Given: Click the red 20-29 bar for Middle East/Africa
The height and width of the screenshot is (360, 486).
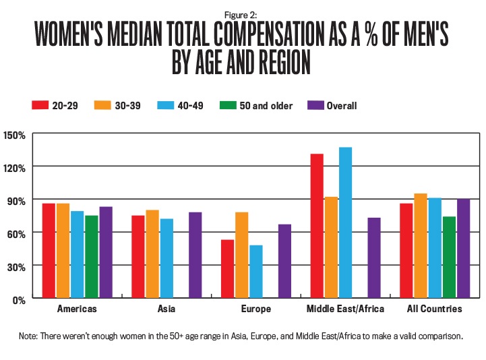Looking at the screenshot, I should point(317,226).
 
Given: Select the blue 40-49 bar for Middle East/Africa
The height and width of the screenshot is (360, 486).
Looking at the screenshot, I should point(345,222).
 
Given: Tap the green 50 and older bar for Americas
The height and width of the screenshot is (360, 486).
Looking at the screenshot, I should point(91,257).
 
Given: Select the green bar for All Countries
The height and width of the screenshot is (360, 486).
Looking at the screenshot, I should point(449,257).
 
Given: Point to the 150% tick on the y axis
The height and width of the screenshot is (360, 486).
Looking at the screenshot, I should point(15,135).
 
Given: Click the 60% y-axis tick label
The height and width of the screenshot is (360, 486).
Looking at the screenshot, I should point(15,233).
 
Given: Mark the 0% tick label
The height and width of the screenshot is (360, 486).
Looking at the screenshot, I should point(18,299).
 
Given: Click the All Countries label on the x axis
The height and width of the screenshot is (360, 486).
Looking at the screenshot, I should point(434,309).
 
